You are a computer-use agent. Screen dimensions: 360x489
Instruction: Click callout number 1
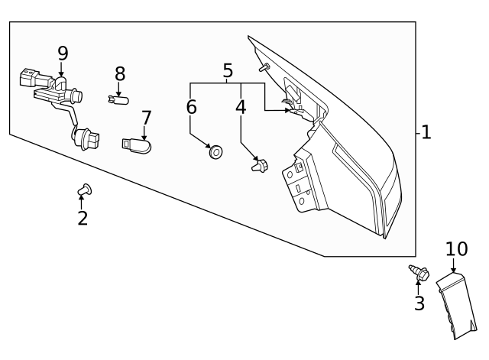point(426,132)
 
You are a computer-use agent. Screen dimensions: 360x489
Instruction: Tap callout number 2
point(83,219)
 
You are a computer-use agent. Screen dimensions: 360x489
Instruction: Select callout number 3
point(419,303)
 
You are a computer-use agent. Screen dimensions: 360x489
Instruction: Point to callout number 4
point(241,107)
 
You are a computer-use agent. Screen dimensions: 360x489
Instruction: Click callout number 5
point(228,71)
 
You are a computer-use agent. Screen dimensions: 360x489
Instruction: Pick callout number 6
point(191,107)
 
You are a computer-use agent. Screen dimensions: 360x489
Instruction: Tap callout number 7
point(145,118)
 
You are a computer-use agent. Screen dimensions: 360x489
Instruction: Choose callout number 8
point(119,74)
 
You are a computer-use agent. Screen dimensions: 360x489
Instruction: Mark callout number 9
point(63,53)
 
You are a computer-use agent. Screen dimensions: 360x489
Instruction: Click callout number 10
point(456,249)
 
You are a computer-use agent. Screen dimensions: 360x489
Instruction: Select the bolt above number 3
point(419,271)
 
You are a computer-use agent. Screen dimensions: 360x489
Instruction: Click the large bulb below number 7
point(136,144)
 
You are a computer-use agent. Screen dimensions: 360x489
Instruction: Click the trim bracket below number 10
point(457,306)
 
